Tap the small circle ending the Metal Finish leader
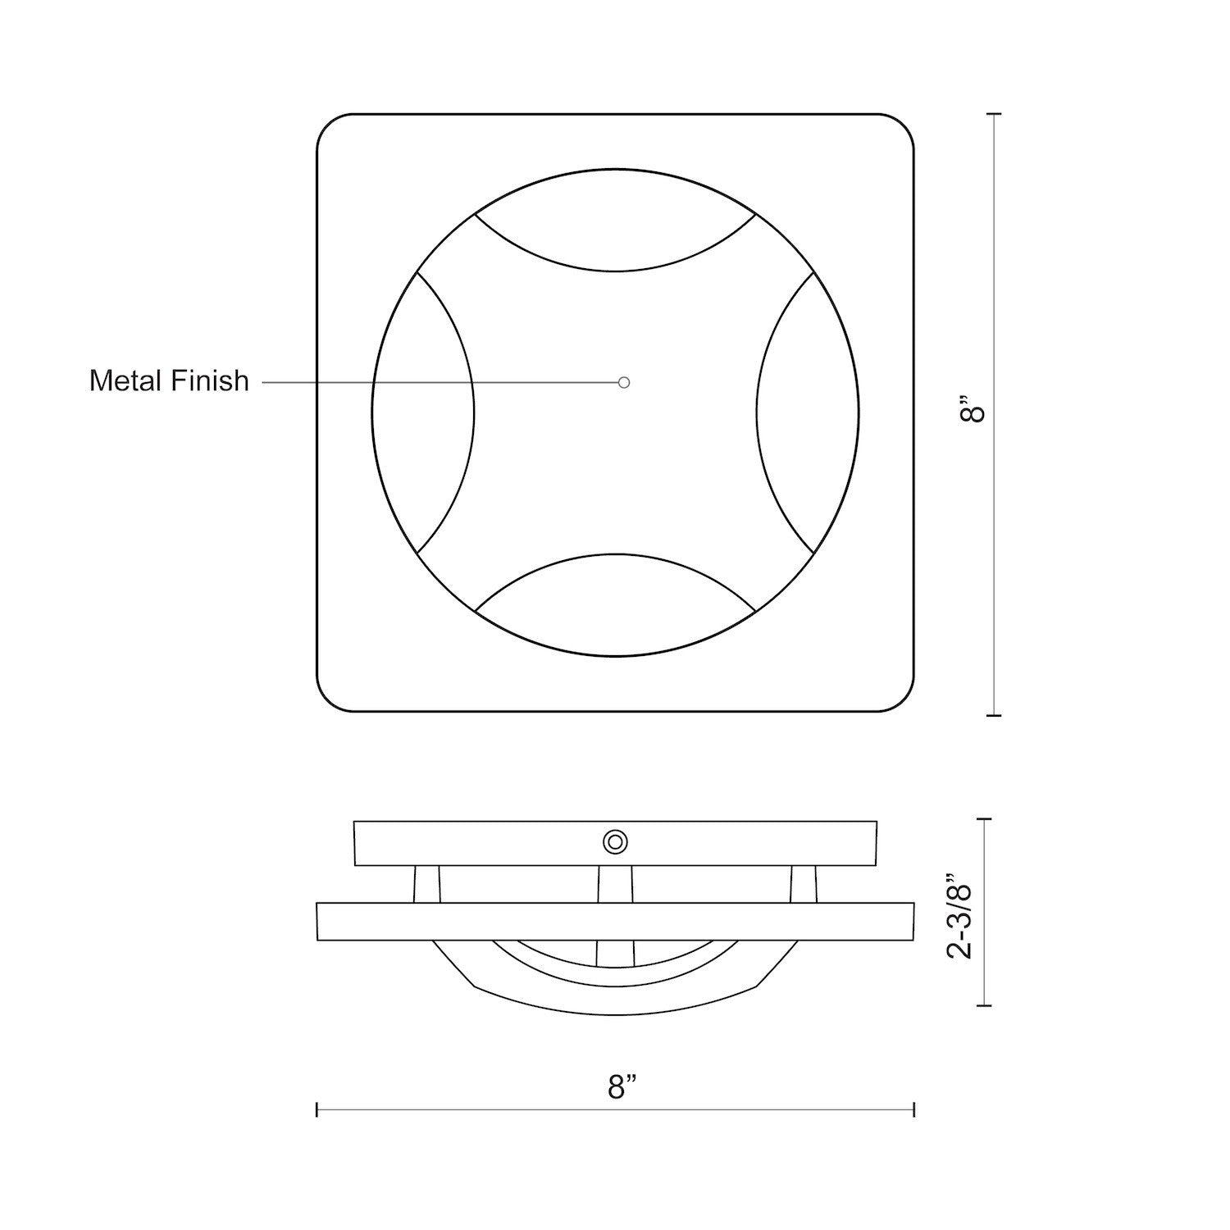coord(624,382)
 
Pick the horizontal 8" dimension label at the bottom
coord(622,1087)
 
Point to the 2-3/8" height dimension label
coord(959,910)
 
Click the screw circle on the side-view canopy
coord(615,842)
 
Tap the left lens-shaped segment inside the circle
coord(423,412)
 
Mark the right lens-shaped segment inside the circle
coord(808,412)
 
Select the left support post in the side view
coord(426,884)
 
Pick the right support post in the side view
coord(804,884)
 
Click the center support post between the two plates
coord(615,884)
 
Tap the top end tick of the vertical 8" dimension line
coord(995,114)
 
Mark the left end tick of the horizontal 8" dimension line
coord(317,1109)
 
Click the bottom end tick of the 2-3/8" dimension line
coord(985,1004)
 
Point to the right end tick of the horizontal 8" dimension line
coord(913,1109)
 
